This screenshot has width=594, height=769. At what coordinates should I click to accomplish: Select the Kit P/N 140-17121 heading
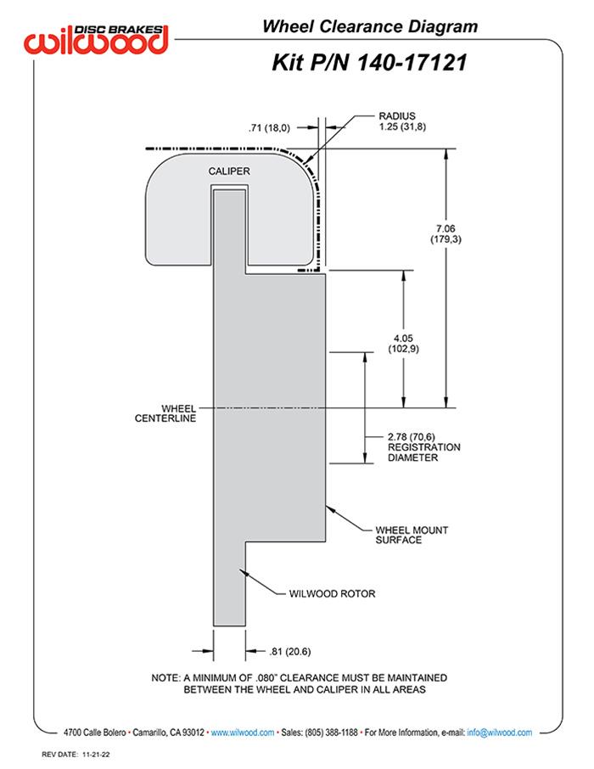[368, 62]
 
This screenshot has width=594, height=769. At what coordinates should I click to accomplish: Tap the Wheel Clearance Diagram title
[369, 26]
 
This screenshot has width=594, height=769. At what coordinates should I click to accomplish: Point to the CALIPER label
[229, 171]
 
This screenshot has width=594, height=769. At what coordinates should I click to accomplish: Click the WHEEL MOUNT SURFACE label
[406, 534]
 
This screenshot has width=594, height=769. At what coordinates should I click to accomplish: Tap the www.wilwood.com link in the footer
[242, 732]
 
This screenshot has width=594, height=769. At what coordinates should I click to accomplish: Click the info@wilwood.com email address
[499, 732]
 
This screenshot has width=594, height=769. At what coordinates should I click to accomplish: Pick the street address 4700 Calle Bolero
[96, 732]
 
